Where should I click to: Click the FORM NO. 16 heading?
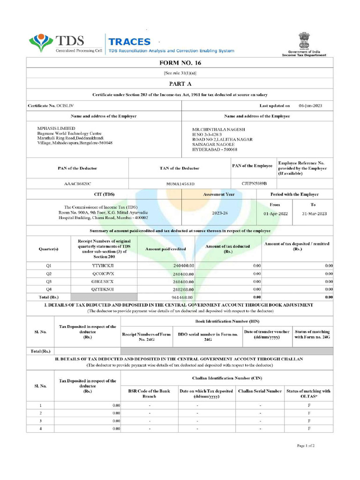click(x=180, y=63)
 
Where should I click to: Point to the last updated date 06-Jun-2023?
click(x=310, y=106)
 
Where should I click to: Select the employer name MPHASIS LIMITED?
click(x=56, y=128)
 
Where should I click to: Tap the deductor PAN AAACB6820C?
click(x=78, y=184)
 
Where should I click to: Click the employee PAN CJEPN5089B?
click(x=254, y=183)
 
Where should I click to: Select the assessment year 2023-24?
click(x=220, y=213)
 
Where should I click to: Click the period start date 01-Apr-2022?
click(x=276, y=213)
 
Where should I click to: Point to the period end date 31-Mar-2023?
click(x=314, y=213)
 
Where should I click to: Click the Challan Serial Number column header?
click(x=260, y=391)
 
